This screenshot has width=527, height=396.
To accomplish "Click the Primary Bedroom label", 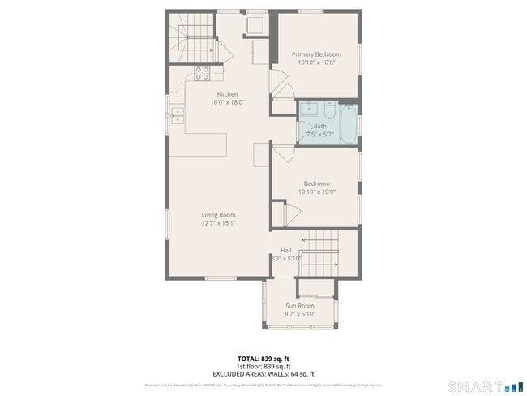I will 316,54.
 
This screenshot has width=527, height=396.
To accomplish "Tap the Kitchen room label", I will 227,94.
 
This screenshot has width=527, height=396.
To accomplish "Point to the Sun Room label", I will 299,306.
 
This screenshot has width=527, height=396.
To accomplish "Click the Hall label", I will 285,250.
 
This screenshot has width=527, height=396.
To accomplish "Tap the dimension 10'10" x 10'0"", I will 316,192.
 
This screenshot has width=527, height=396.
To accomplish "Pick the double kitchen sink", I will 177,114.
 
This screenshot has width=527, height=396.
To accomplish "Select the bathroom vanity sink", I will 309,110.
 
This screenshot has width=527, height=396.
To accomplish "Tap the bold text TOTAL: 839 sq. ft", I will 263,357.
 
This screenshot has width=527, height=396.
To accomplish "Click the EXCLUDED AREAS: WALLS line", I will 263,373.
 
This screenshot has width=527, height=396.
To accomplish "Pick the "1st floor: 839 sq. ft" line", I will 263,365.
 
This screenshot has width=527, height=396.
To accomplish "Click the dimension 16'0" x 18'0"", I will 227,102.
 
